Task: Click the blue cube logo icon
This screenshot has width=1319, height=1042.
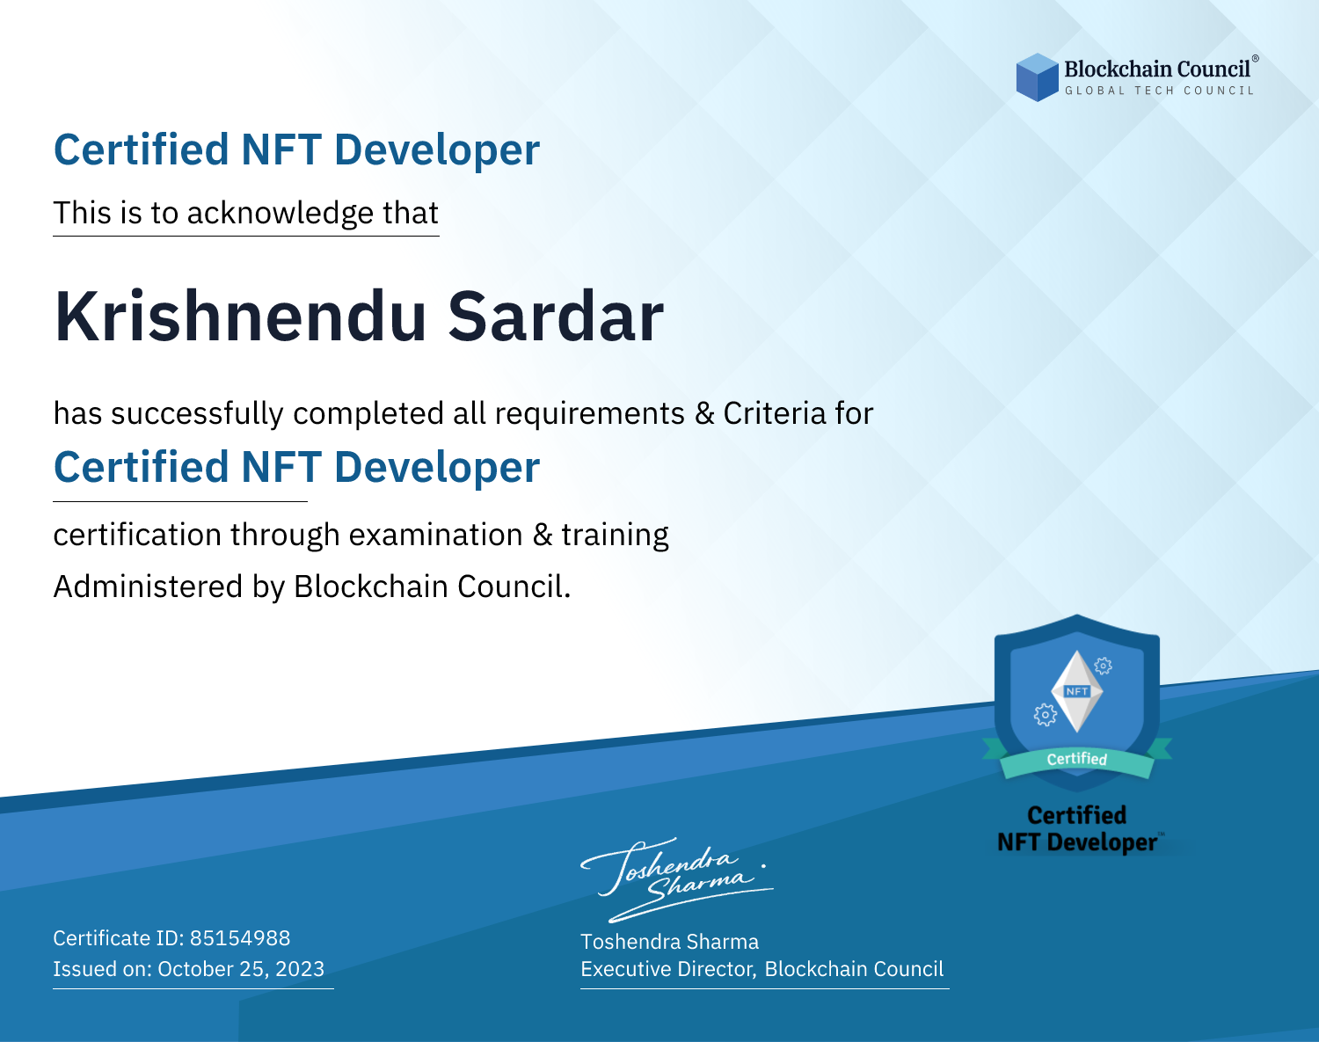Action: pyautogui.click(x=1037, y=77)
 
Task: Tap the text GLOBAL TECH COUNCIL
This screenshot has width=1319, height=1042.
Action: pyautogui.click(x=1160, y=91)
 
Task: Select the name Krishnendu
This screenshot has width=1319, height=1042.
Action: pyautogui.click(x=240, y=317)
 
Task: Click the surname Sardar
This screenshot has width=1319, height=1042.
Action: pyautogui.click(x=556, y=317)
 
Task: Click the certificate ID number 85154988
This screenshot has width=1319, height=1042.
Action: pyautogui.click(x=240, y=937)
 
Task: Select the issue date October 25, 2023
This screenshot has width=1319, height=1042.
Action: pyautogui.click(x=241, y=969)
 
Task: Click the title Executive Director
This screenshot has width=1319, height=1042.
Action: pyautogui.click(x=667, y=969)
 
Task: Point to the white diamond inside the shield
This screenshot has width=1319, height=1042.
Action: pyautogui.click(x=1077, y=691)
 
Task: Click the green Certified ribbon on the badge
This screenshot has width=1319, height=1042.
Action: pyautogui.click(x=1077, y=760)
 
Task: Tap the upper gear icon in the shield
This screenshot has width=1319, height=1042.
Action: pyautogui.click(x=1104, y=666)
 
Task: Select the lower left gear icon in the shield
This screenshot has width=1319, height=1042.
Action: pyautogui.click(x=1045, y=715)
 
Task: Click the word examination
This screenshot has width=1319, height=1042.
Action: pyautogui.click(x=435, y=535)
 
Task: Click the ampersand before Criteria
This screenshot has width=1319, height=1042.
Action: pyautogui.click(x=704, y=414)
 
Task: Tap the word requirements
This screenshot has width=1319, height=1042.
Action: pyautogui.click(x=590, y=415)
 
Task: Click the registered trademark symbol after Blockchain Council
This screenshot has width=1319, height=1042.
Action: pyautogui.click(x=1256, y=59)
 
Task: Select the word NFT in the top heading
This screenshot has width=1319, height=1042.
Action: pyautogui.click(x=281, y=149)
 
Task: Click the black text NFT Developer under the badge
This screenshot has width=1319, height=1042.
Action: pyautogui.click(x=1077, y=842)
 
